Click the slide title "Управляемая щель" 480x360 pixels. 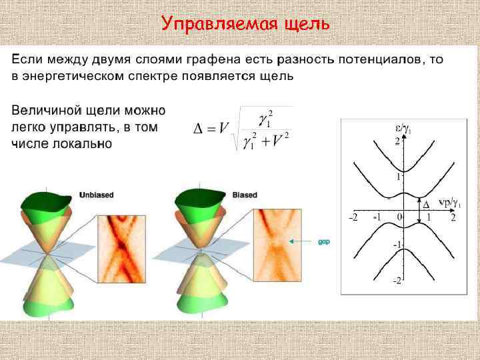coord(245,25)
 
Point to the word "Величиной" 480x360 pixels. coord(46,110)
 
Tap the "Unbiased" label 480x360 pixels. coord(97,195)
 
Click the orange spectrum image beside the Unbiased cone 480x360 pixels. coord(121,247)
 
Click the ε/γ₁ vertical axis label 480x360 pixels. coord(404,129)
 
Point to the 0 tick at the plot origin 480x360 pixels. coord(399,217)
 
